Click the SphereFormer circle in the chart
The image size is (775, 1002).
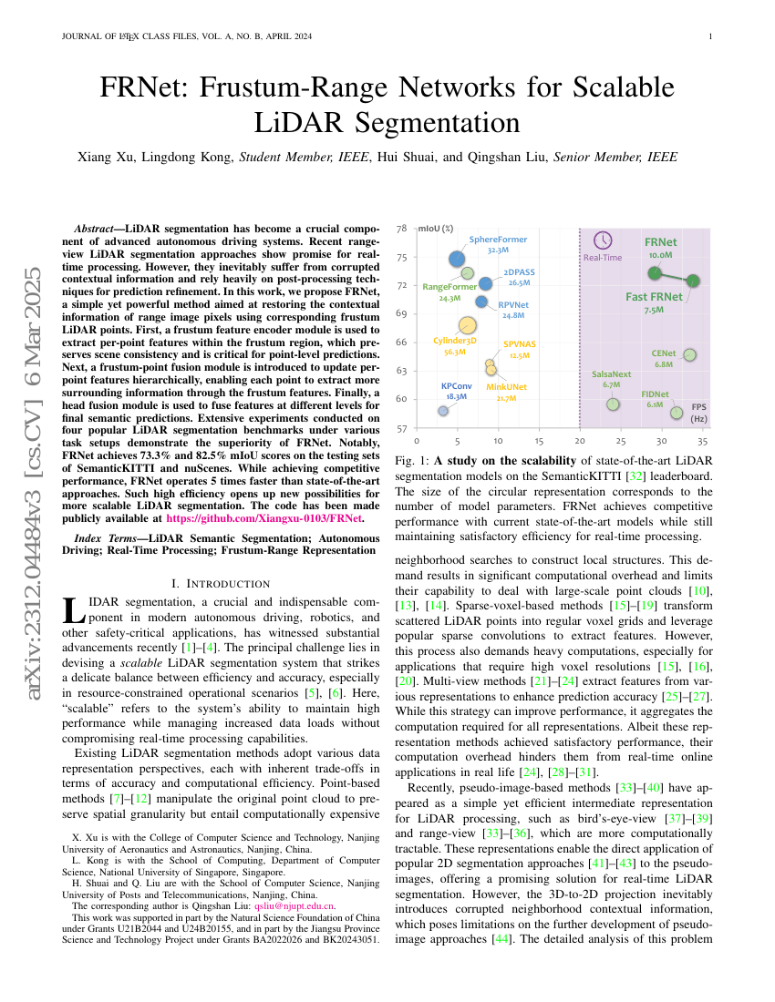pos(458,259)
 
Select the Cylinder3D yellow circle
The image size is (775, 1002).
pos(467,325)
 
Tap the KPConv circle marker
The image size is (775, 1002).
pos(443,411)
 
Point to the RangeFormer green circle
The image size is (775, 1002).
pos(468,272)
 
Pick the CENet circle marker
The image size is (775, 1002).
pos(689,354)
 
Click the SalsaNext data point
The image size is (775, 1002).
pos(613,404)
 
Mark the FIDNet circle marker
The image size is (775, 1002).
pos(677,413)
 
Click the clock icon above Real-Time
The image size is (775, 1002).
pos(603,240)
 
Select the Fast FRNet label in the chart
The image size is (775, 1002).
pos(654,297)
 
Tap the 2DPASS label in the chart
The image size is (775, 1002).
pos(519,271)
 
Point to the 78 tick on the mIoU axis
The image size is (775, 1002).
pos(402,229)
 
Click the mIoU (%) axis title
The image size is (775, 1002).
pos(436,229)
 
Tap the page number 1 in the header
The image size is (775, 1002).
pos(709,36)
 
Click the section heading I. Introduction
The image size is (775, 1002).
pos(221,583)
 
